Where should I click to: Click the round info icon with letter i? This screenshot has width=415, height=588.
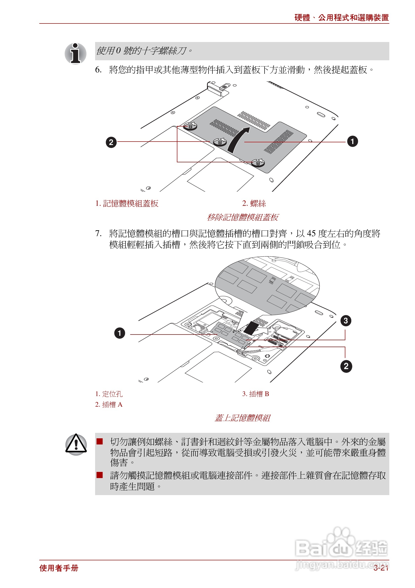click(x=75, y=54)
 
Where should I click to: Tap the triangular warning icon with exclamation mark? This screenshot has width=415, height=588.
click(x=76, y=445)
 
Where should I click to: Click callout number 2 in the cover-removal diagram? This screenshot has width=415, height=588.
click(x=111, y=142)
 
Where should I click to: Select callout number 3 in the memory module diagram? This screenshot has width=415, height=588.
click(x=345, y=321)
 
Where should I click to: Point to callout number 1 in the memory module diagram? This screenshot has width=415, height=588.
click(x=120, y=333)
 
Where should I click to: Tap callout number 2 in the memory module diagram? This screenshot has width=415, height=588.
click(x=346, y=366)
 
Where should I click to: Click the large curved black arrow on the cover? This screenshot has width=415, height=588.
click(x=238, y=140)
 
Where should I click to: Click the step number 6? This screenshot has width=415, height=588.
click(x=98, y=70)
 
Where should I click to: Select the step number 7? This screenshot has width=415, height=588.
click(x=98, y=233)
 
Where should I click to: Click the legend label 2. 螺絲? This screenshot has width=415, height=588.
click(x=254, y=203)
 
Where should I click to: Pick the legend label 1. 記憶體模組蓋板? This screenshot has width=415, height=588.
click(x=127, y=203)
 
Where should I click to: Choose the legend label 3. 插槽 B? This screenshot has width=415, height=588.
click(x=255, y=394)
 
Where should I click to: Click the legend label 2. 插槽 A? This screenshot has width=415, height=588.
click(x=109, y=405)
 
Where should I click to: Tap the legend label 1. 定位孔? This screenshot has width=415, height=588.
click(x=109, y=394)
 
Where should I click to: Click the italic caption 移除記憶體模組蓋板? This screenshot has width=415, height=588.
click(x=242, y=217)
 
